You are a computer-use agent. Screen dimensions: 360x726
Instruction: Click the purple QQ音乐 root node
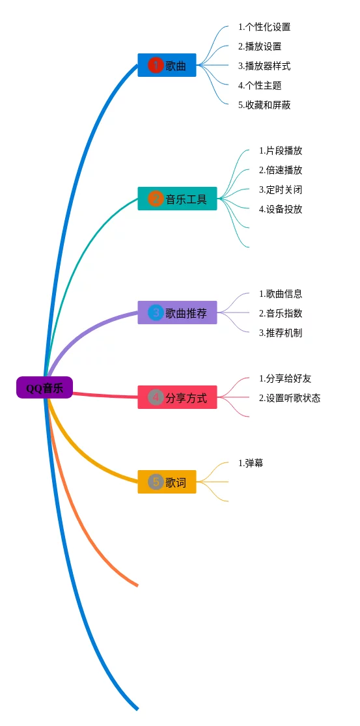pos(44,387)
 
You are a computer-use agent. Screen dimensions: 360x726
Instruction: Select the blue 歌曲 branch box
pos(167,65)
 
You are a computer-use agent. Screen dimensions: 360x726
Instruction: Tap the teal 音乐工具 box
pos(177,199)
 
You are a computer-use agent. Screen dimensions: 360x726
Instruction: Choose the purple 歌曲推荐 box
pos(177,313)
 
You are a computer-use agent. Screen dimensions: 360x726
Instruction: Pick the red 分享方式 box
pos(177,397)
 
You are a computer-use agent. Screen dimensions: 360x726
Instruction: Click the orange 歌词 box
pos(167,482)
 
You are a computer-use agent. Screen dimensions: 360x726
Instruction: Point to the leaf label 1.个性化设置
pos(264,27)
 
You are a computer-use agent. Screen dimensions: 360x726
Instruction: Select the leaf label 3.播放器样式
pos(264,66)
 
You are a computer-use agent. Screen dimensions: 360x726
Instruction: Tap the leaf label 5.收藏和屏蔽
pos(264,105)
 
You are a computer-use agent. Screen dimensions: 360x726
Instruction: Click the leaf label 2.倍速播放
pos(281,170)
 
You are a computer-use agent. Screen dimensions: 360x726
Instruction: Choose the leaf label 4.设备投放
pos(281,209)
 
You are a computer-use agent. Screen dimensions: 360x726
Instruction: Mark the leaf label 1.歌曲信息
pos(281,294)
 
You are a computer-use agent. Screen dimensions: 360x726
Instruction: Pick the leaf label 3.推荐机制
pos(281,333)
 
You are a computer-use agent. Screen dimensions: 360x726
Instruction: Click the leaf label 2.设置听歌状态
pos(290,398)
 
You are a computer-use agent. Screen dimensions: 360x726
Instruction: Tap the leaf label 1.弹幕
pos(251,463)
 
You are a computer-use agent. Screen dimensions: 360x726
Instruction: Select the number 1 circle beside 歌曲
pos(156,65)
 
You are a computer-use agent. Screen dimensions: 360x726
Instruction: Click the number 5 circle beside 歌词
pos(156,482)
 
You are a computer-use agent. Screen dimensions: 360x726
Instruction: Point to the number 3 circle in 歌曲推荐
pos(156,313)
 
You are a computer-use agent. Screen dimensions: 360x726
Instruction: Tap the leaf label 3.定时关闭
pos(281,189)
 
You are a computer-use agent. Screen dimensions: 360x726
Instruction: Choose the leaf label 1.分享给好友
pos(285,379)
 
